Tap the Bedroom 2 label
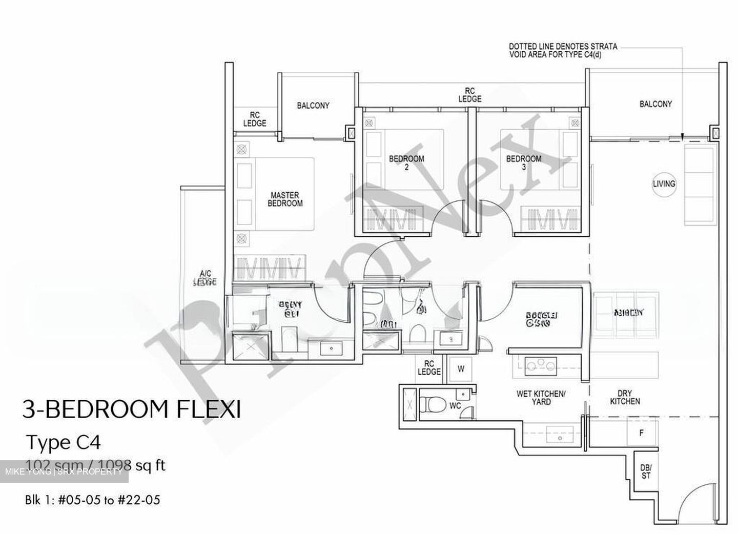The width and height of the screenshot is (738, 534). (406, 162)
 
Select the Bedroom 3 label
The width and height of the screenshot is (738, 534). (523, 162)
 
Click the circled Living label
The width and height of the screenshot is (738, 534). (664, 183)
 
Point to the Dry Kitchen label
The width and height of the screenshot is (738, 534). (625, 397)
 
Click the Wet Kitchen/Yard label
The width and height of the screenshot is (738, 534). (541, 398)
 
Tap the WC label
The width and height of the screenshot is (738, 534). (455, 406)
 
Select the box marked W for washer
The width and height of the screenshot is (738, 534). (461, 369)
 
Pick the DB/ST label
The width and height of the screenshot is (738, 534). (646, 471)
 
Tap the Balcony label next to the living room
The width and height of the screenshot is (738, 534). (655, 104)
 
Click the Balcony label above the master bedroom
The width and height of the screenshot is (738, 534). (313, 106)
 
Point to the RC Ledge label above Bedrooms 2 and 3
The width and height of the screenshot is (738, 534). (469, 95)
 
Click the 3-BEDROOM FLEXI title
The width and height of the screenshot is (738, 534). (131, 410)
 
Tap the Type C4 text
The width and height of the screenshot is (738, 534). (59, 442)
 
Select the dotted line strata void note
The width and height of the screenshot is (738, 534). (563, 50)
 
